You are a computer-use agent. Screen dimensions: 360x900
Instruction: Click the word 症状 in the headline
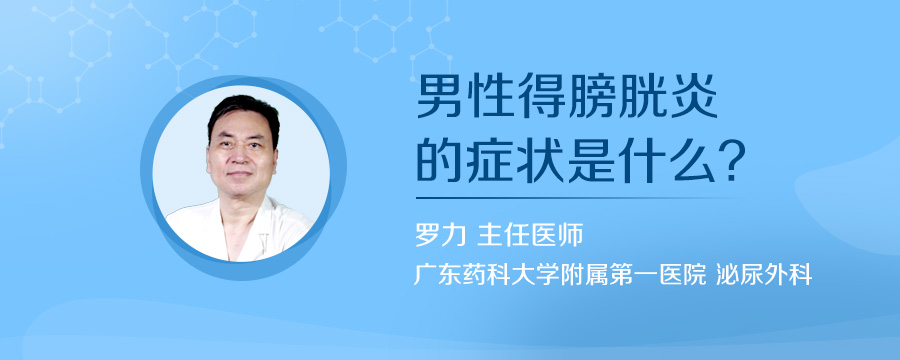pos(531,160)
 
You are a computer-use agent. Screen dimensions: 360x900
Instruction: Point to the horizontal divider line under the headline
pos(580,197)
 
